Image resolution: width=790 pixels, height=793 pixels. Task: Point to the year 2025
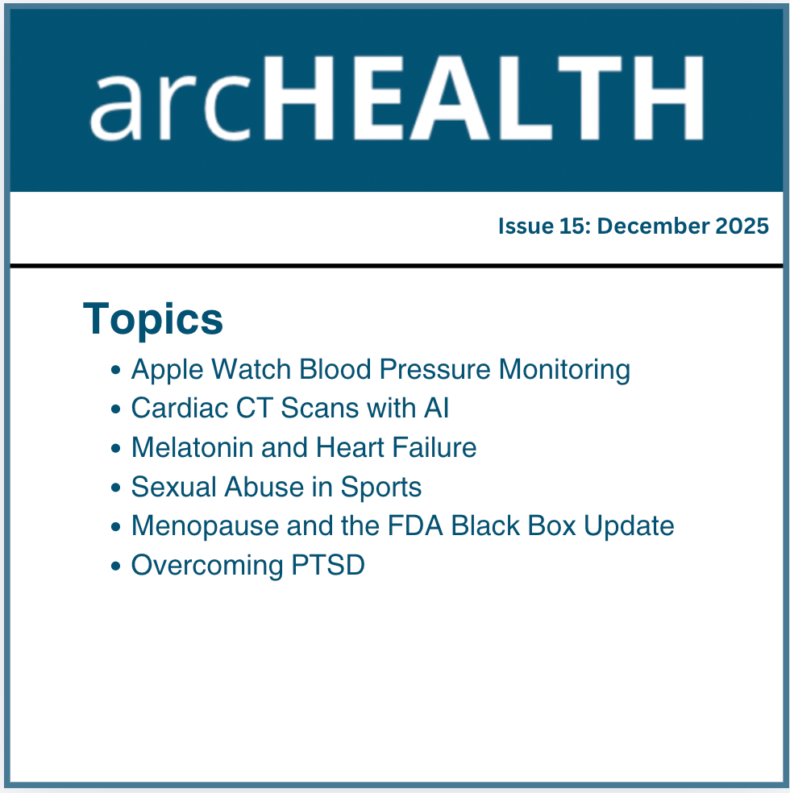742,226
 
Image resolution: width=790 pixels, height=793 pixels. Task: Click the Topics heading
153,318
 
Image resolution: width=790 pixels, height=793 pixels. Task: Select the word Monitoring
564,370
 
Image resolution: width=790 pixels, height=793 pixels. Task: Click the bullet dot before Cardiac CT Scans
116,410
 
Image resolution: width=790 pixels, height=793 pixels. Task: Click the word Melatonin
193,447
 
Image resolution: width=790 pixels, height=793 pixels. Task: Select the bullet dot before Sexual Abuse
116,488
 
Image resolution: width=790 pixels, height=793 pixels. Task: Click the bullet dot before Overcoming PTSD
116,567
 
